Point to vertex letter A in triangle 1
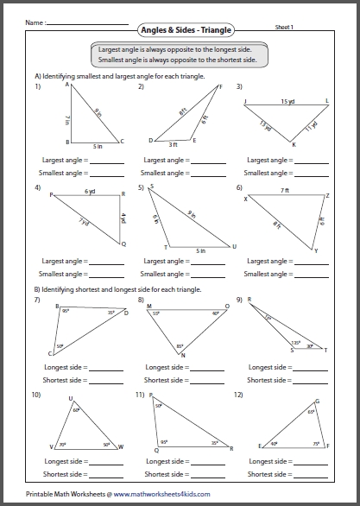(x=66, y=86)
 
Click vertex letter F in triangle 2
(x=220, y=86)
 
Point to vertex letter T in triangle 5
(x=166, y=247)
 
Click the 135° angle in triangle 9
(x=294, y=341)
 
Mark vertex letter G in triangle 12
(x=317, y=401)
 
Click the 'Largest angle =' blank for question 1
(x=102, y=161)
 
